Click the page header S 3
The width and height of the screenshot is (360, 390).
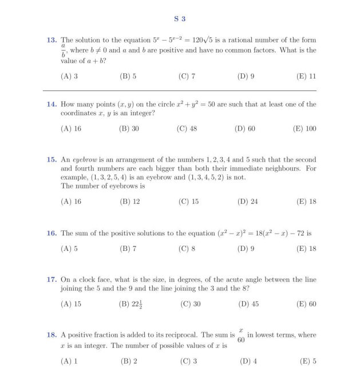coord(180,19)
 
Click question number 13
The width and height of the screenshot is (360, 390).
coord(52,40)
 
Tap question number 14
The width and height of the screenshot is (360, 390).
coord(52,104)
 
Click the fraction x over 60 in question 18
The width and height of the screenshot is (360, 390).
coord(241,335)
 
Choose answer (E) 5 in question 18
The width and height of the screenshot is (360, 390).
coord(308,361)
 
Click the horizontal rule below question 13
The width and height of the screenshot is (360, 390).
coord(180,90)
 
